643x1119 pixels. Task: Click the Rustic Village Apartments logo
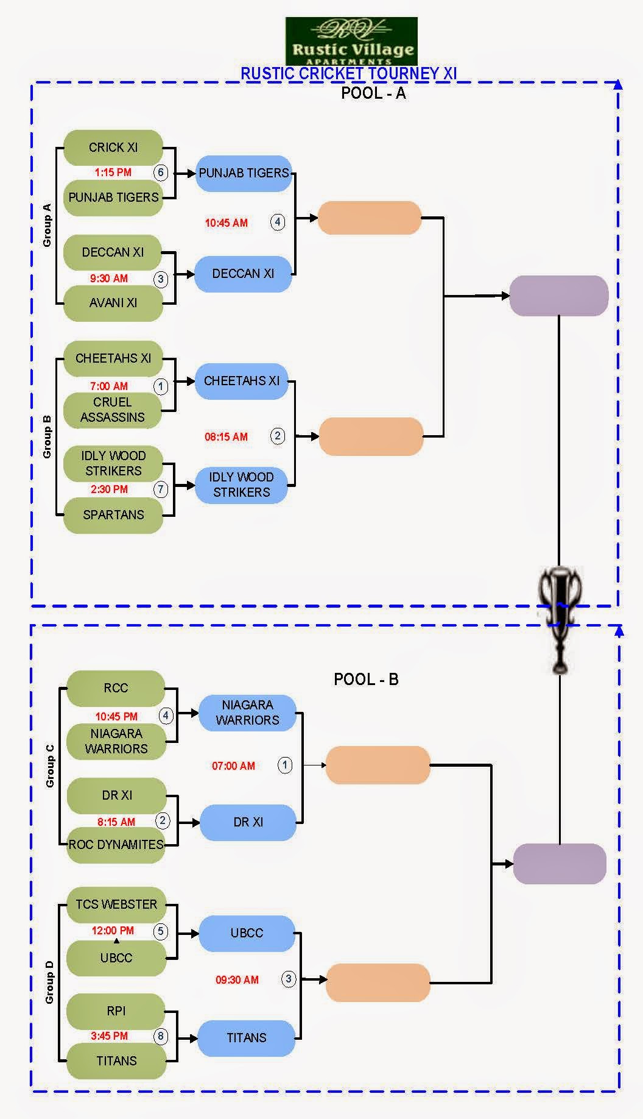(x=352, y=41)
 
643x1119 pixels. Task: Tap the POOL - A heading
(x=373, y=93)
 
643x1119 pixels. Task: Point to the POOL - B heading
(x=366, y=680)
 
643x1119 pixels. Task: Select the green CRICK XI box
(x=113, y=147)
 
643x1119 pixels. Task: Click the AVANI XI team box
(x=113, y=303)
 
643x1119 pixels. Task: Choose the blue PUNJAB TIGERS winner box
(x=244, y=173)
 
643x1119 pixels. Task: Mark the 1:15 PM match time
(x=113, y=172)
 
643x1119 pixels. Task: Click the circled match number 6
(x=161, y=172)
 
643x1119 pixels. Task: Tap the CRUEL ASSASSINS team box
(x=113, y=410)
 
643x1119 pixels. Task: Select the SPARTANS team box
(x=113, y=515)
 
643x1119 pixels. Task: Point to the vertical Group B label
(x=47, y=436)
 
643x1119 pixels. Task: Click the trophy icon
(x=560, y=616)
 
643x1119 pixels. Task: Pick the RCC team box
(x=116, y=688)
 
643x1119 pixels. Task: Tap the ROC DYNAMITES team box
(x=116, y=845)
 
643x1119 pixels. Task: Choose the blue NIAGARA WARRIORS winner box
(x=247, y=712)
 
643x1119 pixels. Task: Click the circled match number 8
(x=161, y=1036)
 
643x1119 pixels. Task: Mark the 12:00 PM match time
(x=113, y=931)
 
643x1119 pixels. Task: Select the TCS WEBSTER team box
(x=116, y=904)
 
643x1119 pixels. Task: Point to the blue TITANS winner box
(x=247, y=1038)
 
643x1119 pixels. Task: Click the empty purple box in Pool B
(x=560, y=864)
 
